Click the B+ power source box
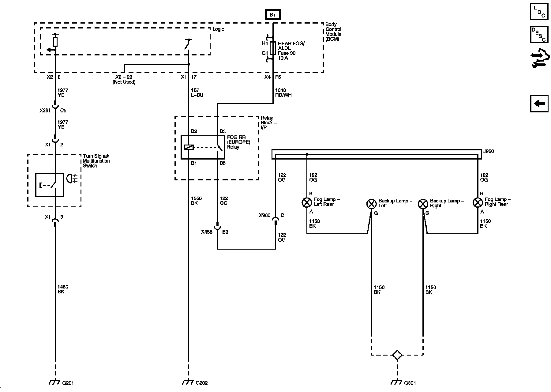[x=273, y=15]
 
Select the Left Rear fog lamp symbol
[x=306, y=202]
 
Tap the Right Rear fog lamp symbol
[x=478, y=202]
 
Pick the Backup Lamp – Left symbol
[x=371, y=204]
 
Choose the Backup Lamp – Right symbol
[x=423, y=204]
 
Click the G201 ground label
[x=68, y=383]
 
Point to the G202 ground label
[x=201, y=383]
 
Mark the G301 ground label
[x=410, y=383]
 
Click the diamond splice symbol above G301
[x=397, y=355]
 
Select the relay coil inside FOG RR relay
[x=189, y=147]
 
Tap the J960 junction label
[x=488, y=151]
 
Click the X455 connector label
[x=207, y=232]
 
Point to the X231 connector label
[x=45, y=111]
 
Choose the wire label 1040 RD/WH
[x=283, y=92]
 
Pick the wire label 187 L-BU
[x=197, y=92]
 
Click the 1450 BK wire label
[x=63, y=289]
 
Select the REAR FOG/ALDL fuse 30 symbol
[x=273, y=48]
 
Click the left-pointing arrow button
[x=539, y=104]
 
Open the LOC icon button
[x=539, y=12]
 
